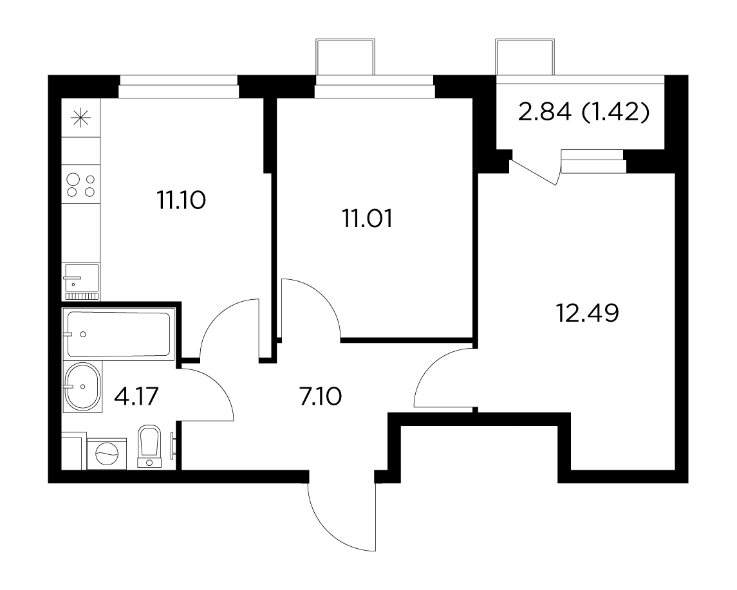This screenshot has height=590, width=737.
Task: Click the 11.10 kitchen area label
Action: click(x=180, y=201)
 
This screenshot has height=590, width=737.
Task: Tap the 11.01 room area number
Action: click(x=366, y=219)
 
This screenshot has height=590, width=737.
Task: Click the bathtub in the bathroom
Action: click(x=119, y=334)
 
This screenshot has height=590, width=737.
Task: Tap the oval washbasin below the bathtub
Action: click(x=82, y=387)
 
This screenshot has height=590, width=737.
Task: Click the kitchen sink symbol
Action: click(x=81, y=277)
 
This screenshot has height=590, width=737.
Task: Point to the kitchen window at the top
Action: click(x=178, y=86)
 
